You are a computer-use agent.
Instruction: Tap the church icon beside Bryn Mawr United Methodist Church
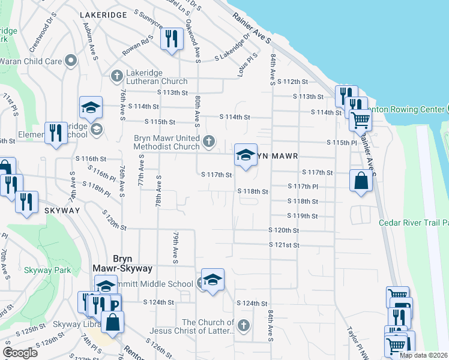pos(209,142)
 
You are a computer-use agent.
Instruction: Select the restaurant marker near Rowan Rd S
pos(172,40)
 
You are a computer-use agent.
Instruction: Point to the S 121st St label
pos(284,245)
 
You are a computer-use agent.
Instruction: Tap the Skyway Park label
pos(48,270)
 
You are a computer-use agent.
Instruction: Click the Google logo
pos(20,353)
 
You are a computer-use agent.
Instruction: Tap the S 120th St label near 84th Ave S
pos(283,230)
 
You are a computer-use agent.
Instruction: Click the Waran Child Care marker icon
pos(71,60)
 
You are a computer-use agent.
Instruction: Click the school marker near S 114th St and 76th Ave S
pos(91,108)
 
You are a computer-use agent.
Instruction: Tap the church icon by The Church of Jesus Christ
pos(243,326)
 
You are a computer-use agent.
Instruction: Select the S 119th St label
pos(302,216)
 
